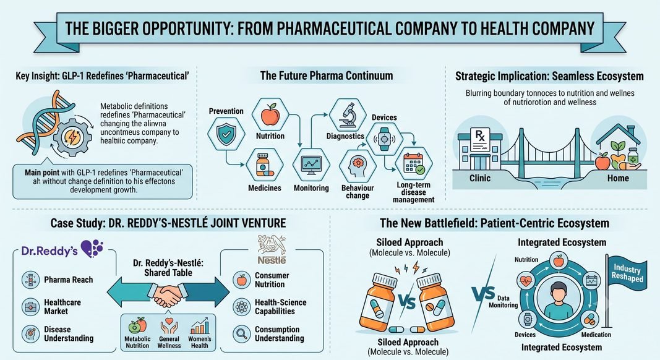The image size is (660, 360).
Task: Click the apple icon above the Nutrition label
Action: coord(270,115)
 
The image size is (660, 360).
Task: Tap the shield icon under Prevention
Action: coord(226,134)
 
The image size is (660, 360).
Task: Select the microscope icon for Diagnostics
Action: coord(348,115)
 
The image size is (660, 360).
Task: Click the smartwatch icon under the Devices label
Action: coord(384,139)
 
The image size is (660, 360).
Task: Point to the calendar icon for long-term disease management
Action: coord(414,164)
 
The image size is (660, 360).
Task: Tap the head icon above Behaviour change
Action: coord(358,166)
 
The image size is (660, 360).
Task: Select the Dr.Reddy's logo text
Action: coord(49,251)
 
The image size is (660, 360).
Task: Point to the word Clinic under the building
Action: coord(480,178)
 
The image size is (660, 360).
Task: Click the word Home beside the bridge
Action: coord(618,178)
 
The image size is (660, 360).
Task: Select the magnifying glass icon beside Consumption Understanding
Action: coord(242,333)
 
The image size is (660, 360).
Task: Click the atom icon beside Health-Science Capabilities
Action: coord(242,307)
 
